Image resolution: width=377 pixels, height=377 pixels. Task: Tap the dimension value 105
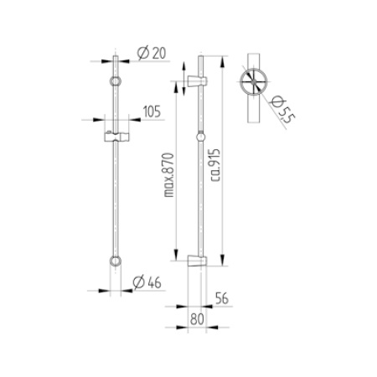click(152, 111)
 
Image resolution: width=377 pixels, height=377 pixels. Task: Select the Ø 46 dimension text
click(149, 281)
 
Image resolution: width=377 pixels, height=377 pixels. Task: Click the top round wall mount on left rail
click(116, 82)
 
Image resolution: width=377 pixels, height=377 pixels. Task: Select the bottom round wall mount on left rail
click(116, 262)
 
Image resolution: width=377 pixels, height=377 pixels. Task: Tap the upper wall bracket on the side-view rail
click(195, 82)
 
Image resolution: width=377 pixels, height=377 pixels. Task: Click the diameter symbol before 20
click(141, 54)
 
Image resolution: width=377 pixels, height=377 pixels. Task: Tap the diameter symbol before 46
click(141, 281)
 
